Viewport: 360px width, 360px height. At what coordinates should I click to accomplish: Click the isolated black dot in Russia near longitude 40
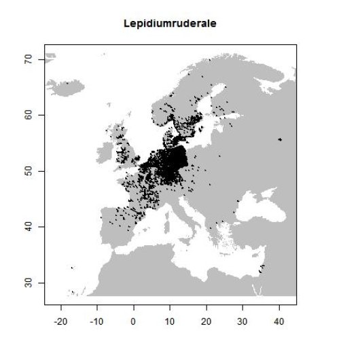click(x=280, y=139)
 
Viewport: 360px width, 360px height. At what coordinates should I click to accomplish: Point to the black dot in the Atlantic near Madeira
click(x=72, y=268)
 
